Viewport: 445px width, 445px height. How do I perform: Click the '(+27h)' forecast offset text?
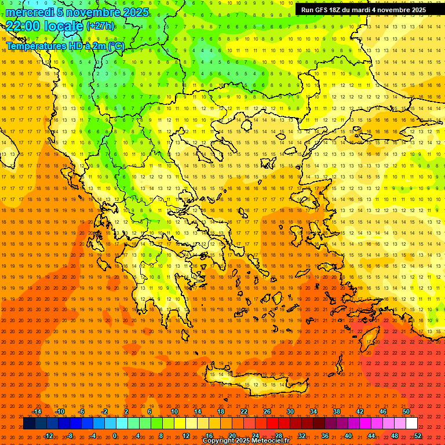pos(100,25)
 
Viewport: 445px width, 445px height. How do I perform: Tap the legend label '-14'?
pos(37,411)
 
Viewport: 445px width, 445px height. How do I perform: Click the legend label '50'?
pos(406,411)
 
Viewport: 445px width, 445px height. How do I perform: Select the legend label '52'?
pos(418,436)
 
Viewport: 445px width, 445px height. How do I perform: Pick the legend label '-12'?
pos(48,436)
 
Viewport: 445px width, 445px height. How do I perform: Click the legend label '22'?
pos(244,411)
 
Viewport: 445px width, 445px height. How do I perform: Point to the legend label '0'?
pos(115,436)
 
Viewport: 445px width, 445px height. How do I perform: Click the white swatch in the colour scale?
pos(411,424)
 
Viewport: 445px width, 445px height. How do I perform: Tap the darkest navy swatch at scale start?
pos(29,424)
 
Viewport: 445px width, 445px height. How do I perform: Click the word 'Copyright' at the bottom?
pos(220,441)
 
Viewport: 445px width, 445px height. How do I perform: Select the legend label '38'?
pos(336,411)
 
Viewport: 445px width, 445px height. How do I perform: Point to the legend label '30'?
pos(290,411)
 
